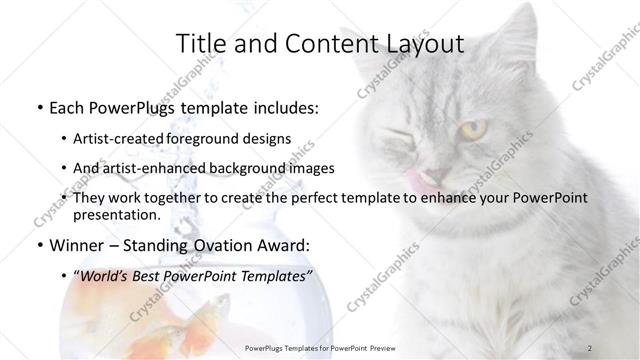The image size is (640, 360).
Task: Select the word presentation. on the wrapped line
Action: coord(116,215)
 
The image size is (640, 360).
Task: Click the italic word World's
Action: coord(106,276)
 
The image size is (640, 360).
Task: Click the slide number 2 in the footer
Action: coord(590,348)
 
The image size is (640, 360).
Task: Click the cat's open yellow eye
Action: coord(475,129)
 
